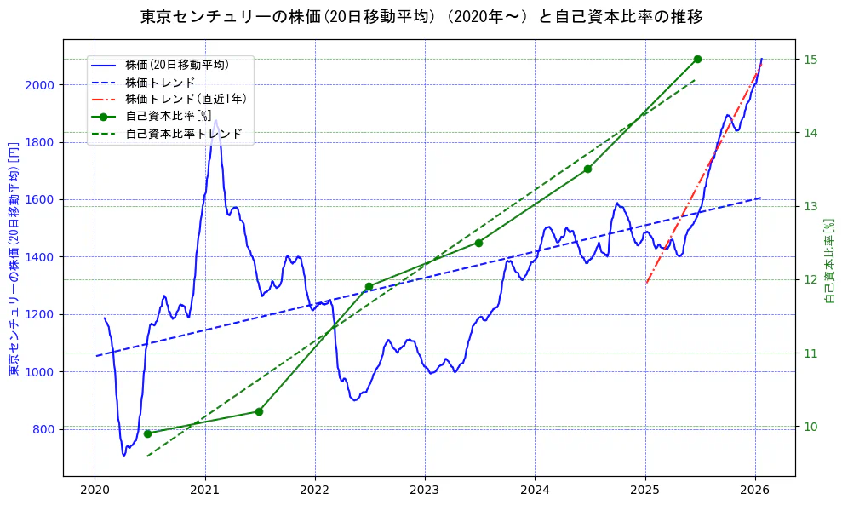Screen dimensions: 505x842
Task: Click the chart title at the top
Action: pos(421,17)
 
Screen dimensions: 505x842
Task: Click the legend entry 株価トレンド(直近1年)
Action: pos(185,99)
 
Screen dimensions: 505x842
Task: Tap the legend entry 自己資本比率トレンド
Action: pos(183,134)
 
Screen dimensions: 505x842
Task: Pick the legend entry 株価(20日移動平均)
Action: pos(176,64)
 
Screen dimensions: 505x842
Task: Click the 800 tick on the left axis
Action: pos(41,429)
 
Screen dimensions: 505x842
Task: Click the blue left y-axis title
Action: pos(14,258)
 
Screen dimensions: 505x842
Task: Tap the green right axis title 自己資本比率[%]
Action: pos(830,260)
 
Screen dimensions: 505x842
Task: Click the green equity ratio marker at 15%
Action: pos(697,59)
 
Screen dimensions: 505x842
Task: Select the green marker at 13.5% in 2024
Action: pos(587,169)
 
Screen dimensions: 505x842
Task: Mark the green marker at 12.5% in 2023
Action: pos(478,243)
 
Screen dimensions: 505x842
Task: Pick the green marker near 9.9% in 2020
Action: pos(147,433)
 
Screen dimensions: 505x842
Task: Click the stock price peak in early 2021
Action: pos(215,120)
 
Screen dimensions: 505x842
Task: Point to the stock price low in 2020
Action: pos(124,456)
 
